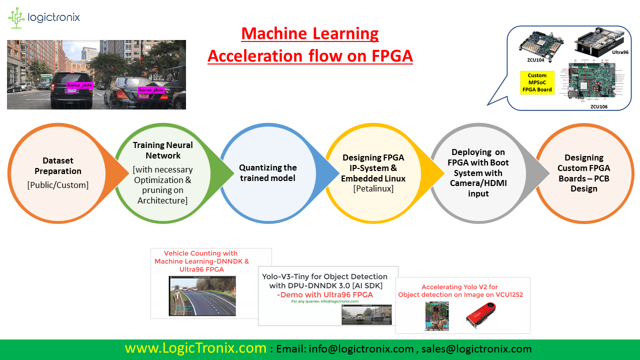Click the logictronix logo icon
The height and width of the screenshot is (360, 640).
coord(17,18)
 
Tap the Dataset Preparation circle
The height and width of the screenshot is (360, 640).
coord(57,172)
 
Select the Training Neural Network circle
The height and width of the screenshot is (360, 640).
coord(162,172)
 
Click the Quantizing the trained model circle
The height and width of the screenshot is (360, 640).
coord(267,172)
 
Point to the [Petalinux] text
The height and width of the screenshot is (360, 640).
coord(373,188)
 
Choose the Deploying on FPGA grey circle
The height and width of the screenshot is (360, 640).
coord(477,172)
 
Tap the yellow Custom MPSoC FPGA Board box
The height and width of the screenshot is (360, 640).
coord(537,82)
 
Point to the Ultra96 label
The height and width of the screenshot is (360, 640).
coord(619,52)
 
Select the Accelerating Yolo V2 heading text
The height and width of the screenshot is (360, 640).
coord(460,290)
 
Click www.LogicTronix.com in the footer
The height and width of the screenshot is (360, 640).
coord(195,348)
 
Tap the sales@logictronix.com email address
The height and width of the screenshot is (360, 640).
coord(476,349)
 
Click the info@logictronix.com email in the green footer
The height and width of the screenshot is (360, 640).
coord(361,349)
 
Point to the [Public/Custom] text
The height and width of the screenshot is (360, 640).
coord(57,185)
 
